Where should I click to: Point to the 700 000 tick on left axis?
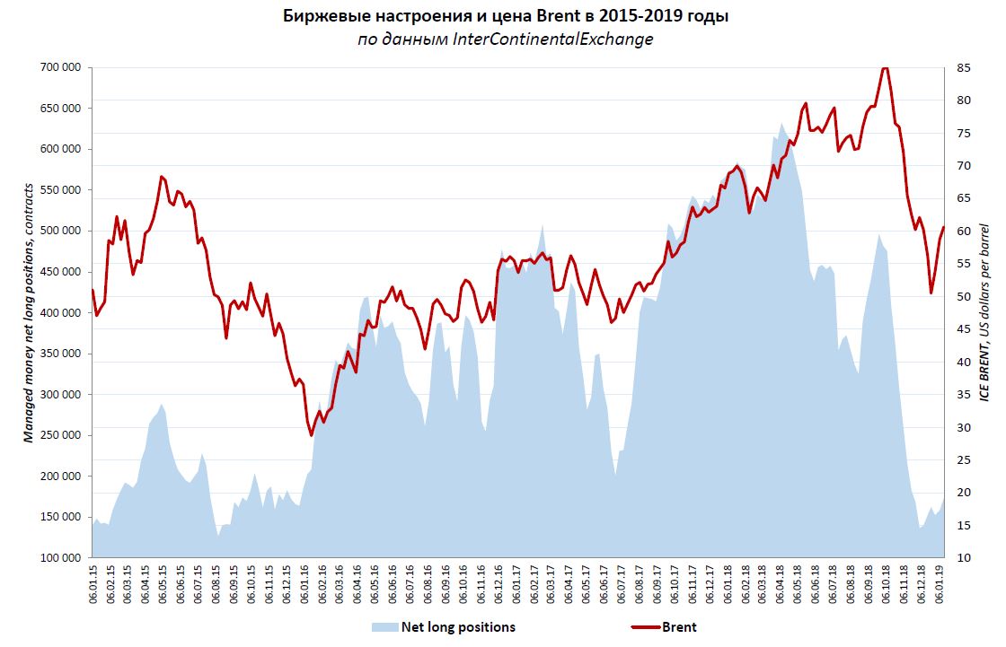(61, 67)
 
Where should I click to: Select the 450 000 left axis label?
(61, 272)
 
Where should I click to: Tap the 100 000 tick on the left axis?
(61, 558)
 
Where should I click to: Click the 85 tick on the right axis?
(964, 67)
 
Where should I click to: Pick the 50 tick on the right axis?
(964, 297)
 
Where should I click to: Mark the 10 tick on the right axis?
(964, 558)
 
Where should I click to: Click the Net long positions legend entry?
(458, 627)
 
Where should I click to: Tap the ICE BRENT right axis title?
(988, 312)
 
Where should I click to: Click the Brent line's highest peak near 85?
(885, 68)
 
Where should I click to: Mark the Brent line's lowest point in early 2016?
(312, 435)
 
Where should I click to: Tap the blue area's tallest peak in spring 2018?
(781, 124)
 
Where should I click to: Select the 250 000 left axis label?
(61, 435)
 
